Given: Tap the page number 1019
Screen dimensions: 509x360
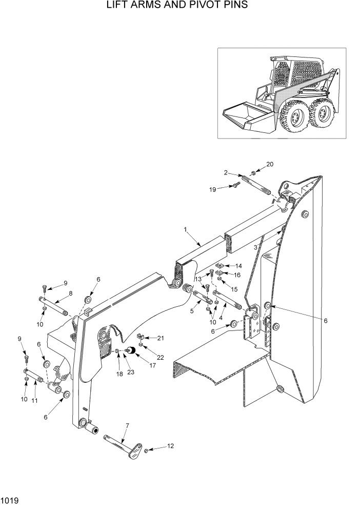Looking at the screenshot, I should [10, 499].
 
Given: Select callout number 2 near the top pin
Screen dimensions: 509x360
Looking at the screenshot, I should [226, 174].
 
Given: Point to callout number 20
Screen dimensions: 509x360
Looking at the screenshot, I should [270, 164].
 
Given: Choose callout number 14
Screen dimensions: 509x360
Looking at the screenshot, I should [238, 265].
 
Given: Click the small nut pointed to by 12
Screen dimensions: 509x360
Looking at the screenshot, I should [146, 451].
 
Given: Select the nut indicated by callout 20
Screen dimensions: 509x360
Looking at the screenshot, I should [254, 173].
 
